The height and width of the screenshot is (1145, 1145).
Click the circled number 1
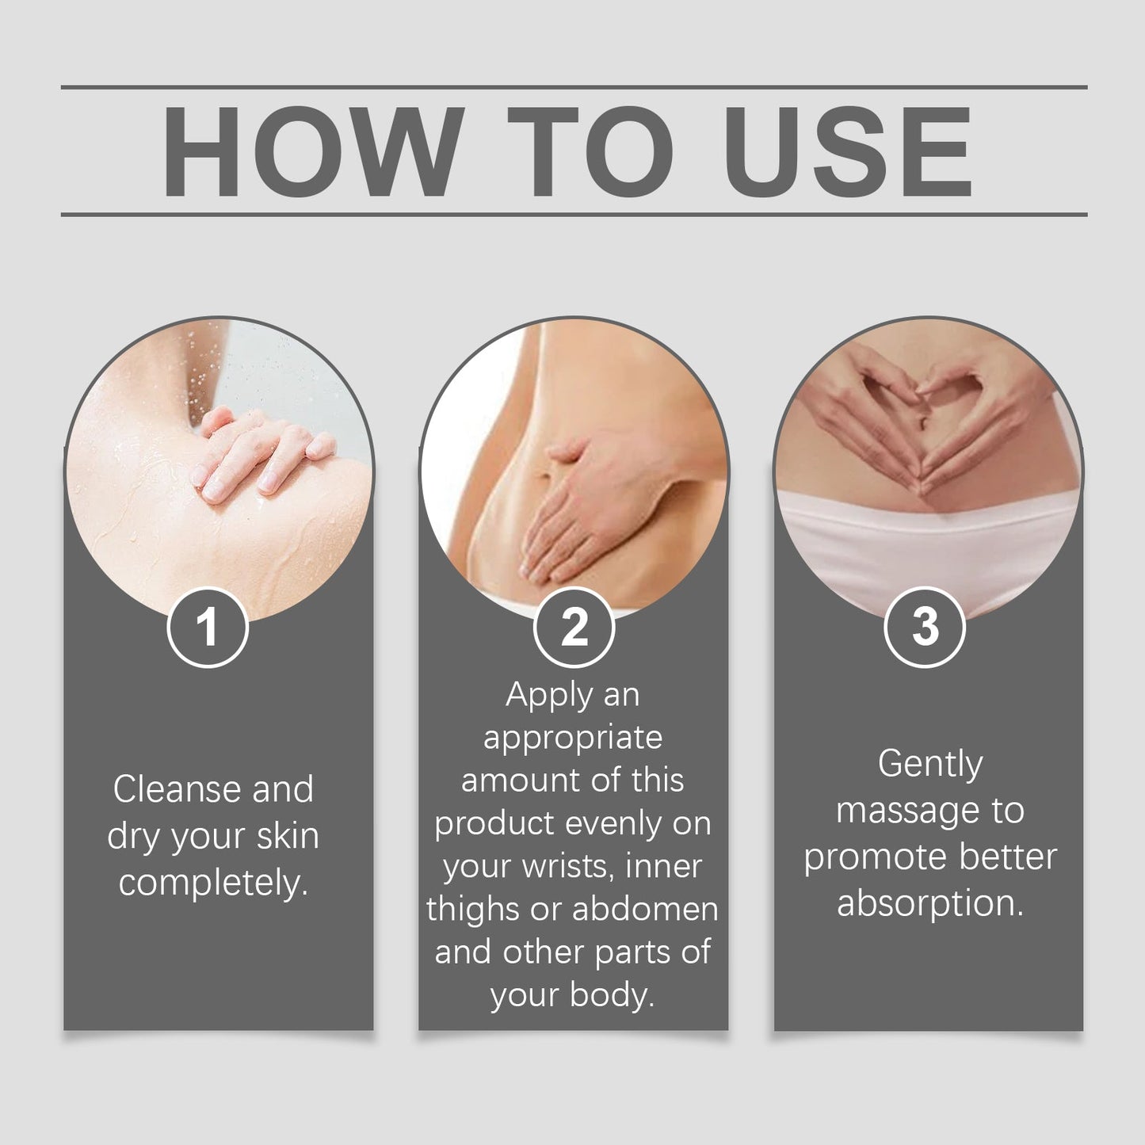click(208, 627)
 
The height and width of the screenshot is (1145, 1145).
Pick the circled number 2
click(574, 627)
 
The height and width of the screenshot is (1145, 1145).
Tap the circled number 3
click(926, 627)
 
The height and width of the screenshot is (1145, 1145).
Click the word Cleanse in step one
click(176, 789)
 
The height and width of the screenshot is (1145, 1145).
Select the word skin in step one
click(288, 836)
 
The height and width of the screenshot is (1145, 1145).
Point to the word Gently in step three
click(930, 765)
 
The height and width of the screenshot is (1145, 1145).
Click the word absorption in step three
click(930, 905)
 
